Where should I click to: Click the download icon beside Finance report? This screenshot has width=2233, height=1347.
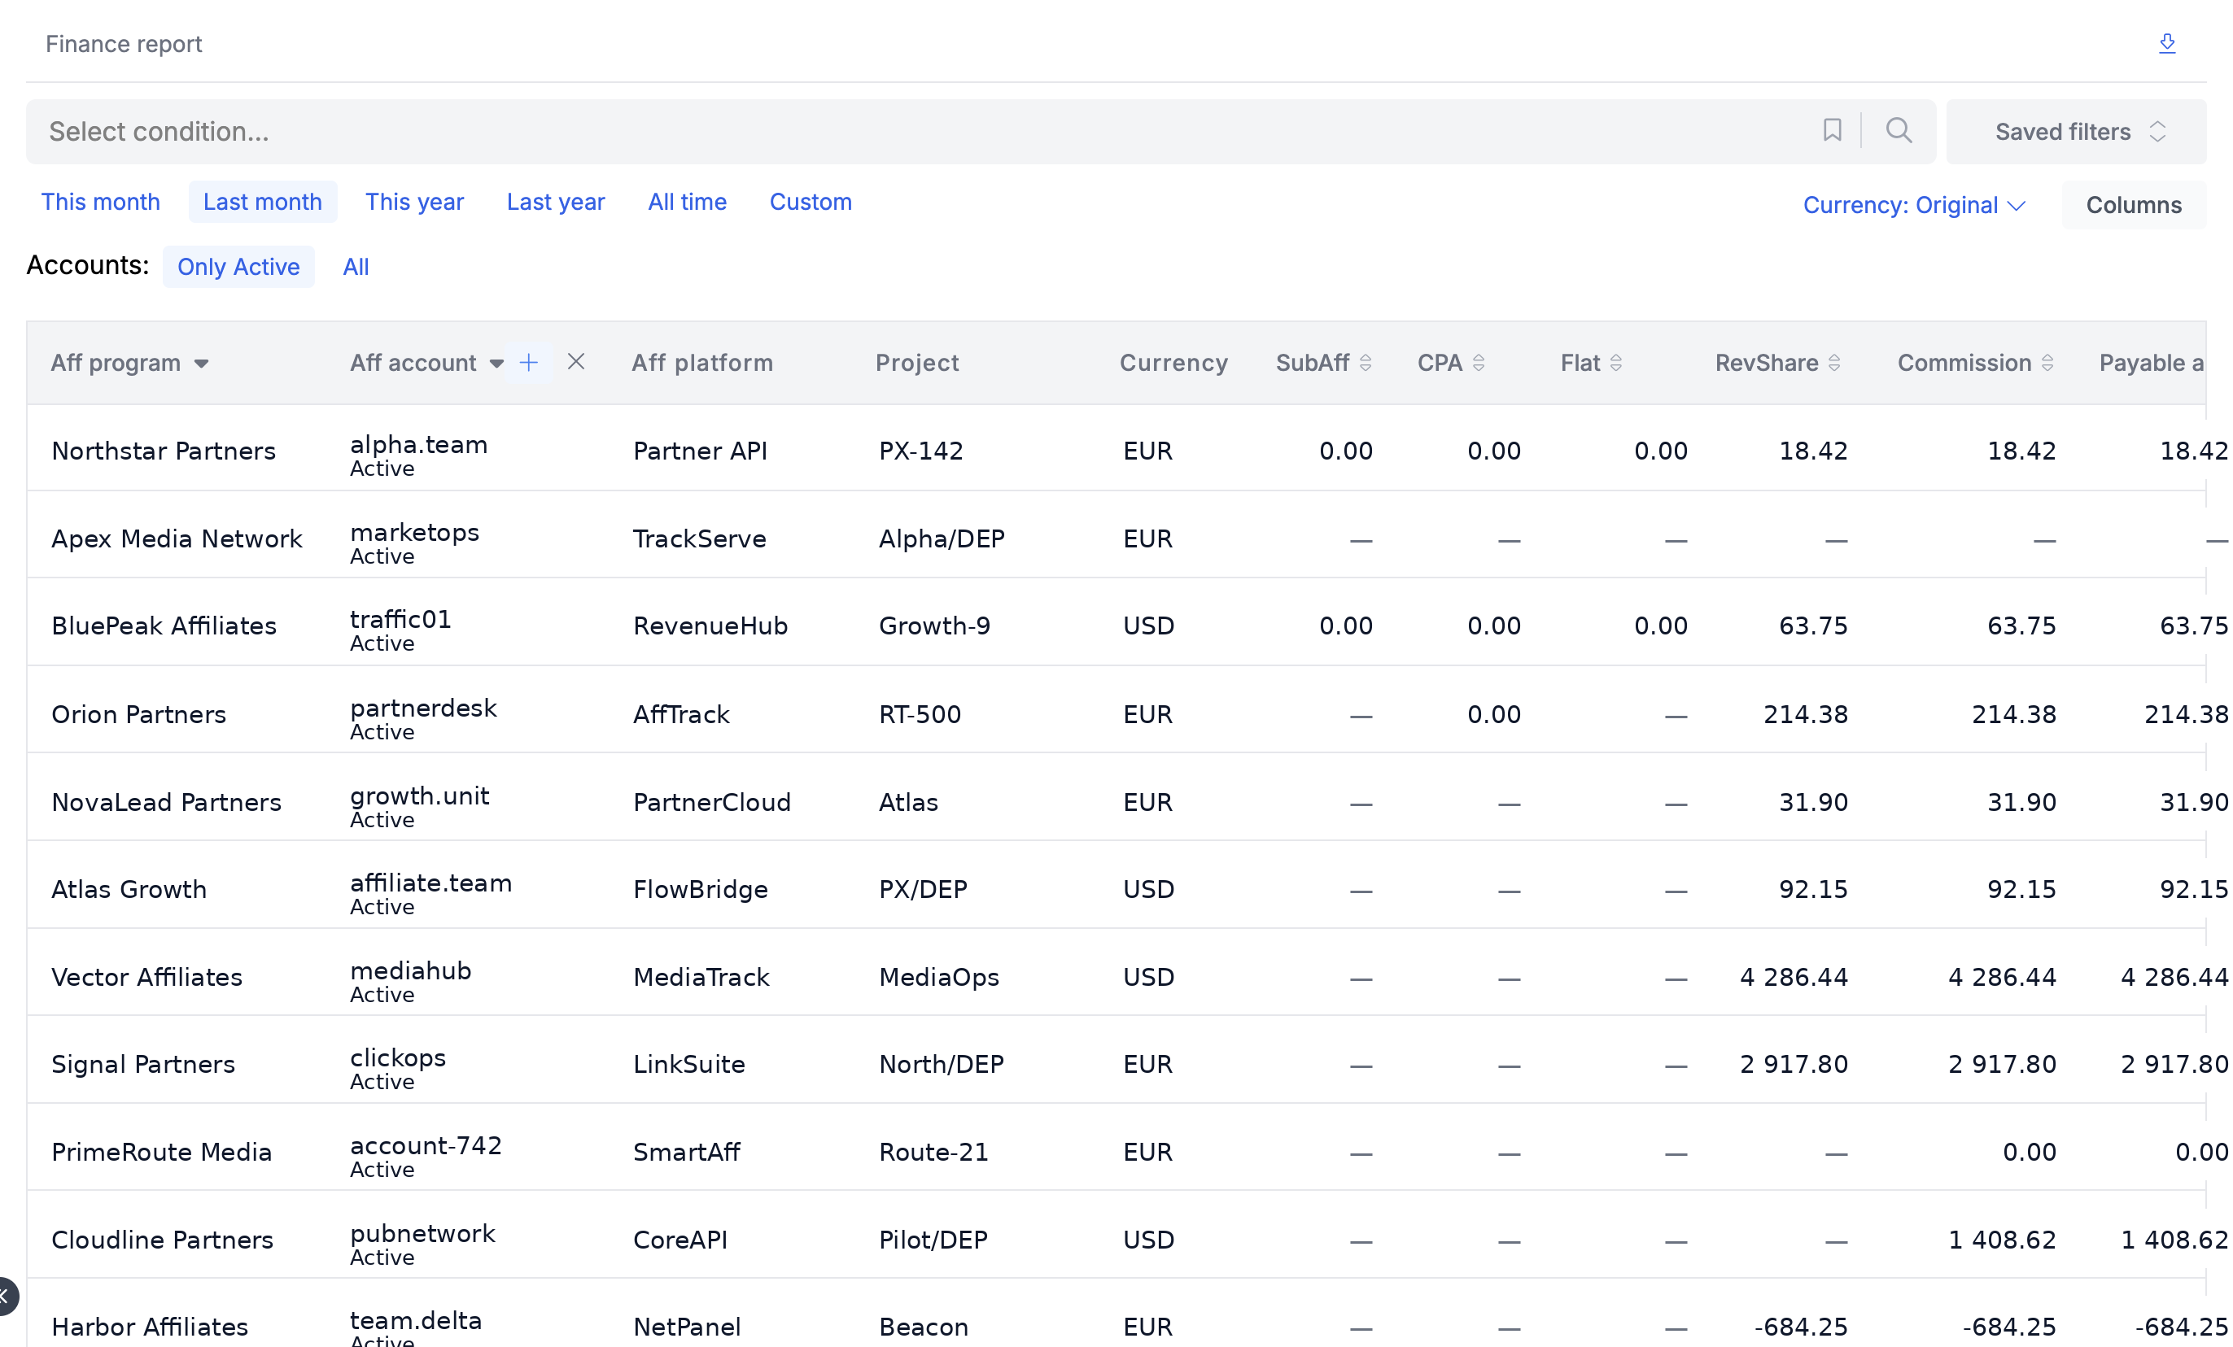[x=2167, y=43]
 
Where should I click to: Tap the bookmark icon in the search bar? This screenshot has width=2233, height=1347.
[x=1832, y=130]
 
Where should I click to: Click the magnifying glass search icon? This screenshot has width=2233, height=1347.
[x=1899, y=130]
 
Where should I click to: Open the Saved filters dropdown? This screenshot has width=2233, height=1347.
[x=2076, y=131]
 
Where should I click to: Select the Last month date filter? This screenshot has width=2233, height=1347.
[x=263, y=202]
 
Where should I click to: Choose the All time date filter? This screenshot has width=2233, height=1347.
[x=687, y=202]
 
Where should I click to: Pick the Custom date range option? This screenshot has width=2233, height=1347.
[x=811, y=202]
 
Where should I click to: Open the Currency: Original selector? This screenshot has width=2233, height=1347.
[x=1913, y=205]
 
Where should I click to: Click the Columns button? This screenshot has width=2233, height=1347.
[x=2134, y=205]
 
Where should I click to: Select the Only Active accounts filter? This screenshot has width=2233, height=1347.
[x=238, y=266]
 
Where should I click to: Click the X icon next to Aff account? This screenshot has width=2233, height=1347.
[x=575, y=362]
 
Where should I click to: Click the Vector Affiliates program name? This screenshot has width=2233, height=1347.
[x=146, y=977]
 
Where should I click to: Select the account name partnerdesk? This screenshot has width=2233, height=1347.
[x=423, y=708]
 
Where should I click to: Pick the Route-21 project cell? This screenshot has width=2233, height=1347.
[x=933, y=1151]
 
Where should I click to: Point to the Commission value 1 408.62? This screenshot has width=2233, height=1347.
[x=2002, y=1239]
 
